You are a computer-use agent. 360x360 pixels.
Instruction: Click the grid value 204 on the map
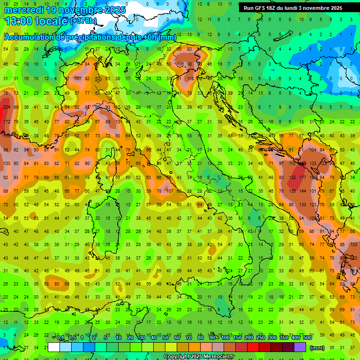[7, 107]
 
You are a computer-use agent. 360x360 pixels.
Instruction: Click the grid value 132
[292, 178]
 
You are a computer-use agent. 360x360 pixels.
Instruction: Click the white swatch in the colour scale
[54, 347]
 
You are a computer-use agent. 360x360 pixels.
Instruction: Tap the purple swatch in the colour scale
[300, 347]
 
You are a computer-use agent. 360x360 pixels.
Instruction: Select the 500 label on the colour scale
[307, 338]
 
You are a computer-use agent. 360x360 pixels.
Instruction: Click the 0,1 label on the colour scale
[60, 338]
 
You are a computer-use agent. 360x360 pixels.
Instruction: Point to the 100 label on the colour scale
[225, 338]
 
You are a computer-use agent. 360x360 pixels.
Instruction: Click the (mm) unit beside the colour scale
[317, 348]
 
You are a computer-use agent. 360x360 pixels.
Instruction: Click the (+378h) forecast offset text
[83, 21]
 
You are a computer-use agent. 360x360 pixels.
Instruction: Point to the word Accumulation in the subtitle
[30, 37]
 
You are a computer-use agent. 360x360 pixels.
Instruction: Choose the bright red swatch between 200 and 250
[253, 347]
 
